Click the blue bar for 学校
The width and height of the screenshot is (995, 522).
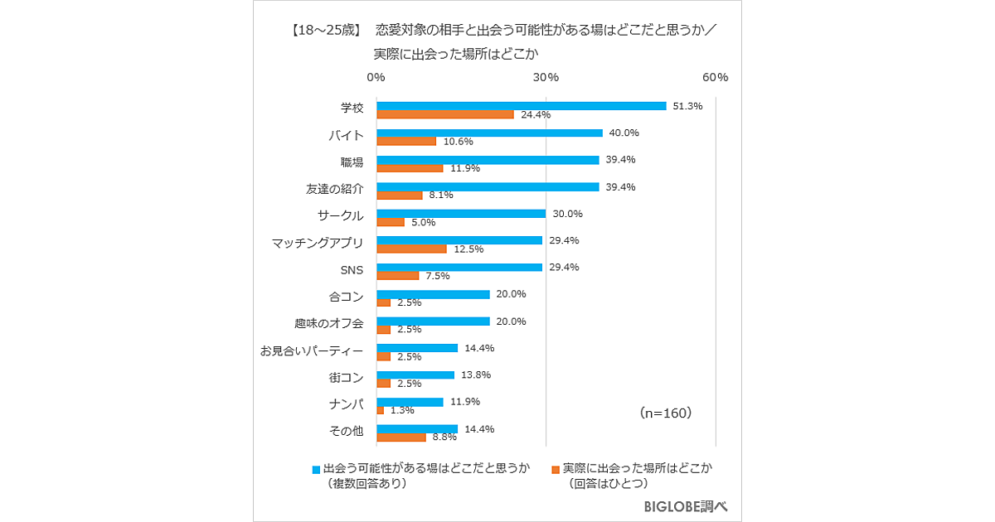pos(522,106)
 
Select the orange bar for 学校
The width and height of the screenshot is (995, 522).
pos(445,114)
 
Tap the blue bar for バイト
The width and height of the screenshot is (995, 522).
pos(489,133)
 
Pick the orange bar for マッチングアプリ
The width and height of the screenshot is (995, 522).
pos(411,249)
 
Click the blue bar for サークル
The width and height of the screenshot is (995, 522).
pos(461,214)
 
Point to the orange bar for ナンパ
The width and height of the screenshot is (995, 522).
pos(381,410)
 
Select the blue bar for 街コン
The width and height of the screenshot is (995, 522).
pos(415,375)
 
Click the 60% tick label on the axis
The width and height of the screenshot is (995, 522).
pos(715,77)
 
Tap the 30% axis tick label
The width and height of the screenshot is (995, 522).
pos(546,77)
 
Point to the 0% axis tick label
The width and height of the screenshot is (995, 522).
pos(376,77)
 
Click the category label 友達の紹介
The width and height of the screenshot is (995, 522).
pos(334,188)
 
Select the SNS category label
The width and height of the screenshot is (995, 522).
pos(351,269)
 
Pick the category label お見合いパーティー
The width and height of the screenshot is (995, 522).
pos(311,350)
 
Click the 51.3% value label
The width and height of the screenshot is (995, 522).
pos(688,106)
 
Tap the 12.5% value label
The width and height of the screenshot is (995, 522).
pos(468,249)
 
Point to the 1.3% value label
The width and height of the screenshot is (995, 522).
pos(402,410)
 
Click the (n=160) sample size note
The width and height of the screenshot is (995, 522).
pos(666,412)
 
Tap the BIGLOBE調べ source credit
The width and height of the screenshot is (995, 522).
pos(685,506)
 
